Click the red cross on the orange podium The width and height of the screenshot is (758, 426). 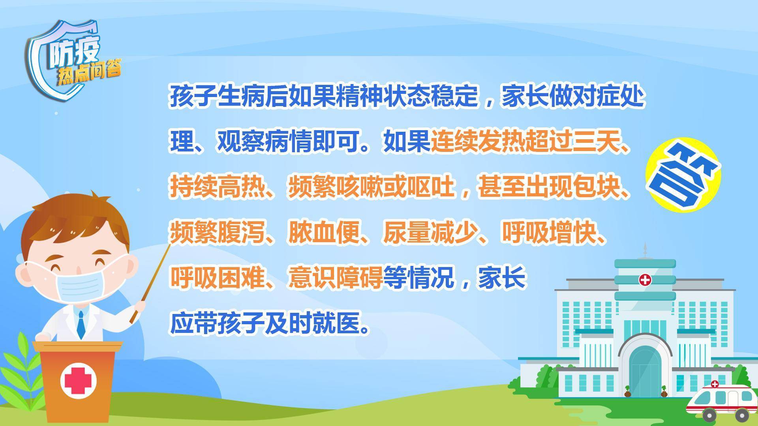click(78, 381)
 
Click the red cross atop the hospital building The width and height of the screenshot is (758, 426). click(645, 280)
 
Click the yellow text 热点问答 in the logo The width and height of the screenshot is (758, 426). click(89, 73)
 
